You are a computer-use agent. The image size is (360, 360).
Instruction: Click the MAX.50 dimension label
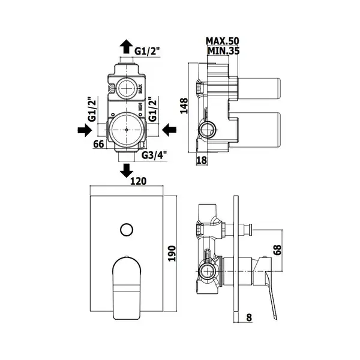tap(222, 41)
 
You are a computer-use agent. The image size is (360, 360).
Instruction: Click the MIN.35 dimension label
tap(223, 51)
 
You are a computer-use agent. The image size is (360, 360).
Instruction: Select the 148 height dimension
tap(184, 106)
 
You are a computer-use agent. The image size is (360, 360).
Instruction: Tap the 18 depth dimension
tap(202, 160)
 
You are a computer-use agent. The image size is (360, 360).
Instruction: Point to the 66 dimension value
tap(99, 144)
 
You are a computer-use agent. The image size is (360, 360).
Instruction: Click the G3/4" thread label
tap(154, 155)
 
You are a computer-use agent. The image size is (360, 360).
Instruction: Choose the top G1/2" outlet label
tap(147, 51)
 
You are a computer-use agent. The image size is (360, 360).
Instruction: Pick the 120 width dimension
tap(138, 181)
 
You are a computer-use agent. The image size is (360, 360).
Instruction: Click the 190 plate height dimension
tap(172, 253)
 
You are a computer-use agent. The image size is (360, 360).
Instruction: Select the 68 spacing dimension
tap(277, 250)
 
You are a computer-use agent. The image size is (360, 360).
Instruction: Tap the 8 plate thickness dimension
tap(249, 317)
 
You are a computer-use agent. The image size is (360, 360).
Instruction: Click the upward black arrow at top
tap(126, 47)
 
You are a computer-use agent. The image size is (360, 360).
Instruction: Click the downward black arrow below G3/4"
tap(126, 170)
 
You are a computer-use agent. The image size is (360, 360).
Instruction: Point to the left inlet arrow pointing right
tap(85, 130)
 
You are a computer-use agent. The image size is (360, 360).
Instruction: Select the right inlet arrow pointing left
tap(169, 130)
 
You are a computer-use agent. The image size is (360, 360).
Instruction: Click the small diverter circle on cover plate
tap(127, 229)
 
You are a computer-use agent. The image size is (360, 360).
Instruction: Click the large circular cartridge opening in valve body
tap(127, 130)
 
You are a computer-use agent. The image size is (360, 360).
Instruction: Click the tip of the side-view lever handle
tap(275, 319)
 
